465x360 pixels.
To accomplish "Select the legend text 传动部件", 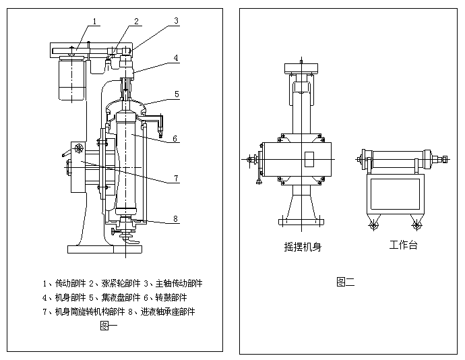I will (x=71, y=283).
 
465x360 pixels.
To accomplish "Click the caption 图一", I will (x=108, y=326).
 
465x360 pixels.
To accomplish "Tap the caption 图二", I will (x=345, y=281).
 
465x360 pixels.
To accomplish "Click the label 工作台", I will (x=403, y=245).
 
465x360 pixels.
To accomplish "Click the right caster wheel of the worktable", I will (x=414, y=225).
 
